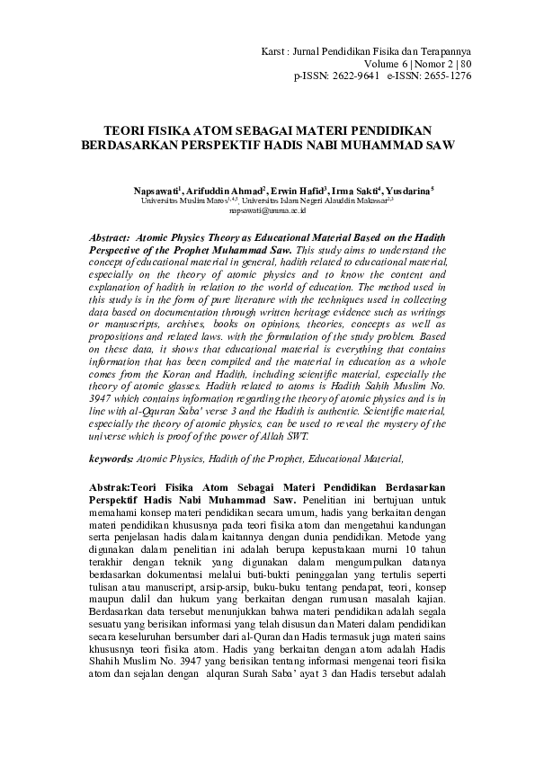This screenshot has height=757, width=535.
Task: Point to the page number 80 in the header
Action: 465,64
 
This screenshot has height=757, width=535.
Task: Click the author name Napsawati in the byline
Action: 158,191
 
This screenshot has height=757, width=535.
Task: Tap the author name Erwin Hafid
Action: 299,191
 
